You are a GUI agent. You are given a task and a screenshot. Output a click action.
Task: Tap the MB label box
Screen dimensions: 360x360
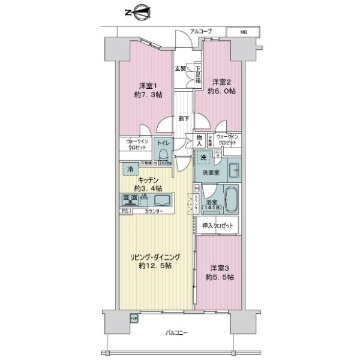(x=244, y=31)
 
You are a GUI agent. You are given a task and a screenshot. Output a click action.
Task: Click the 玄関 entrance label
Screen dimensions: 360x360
(x=180, y=68)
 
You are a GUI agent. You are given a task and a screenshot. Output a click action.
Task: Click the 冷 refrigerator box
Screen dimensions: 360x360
(x=130, y=170)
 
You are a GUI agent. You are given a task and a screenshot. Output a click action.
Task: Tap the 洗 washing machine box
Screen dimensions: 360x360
(x=203, y=157)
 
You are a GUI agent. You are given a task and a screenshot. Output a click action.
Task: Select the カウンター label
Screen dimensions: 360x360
(x=152, y=212)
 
